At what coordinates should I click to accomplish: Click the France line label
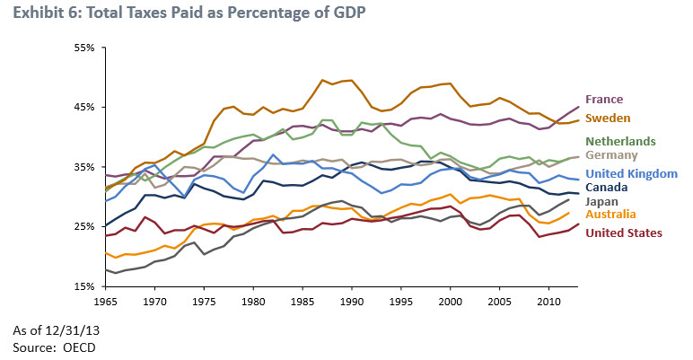pyautogui.click(x=603, y=100)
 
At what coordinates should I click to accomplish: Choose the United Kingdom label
pyautogui.click(x=629, y=173)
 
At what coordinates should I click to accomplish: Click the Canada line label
pyautogui.click(x=607, y=188)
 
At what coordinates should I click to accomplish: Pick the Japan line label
pyautogui.click(x=602, y=202)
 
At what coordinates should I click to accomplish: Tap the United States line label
pyautogui.click(x=624, y=233)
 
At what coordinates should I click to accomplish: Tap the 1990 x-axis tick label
pyautogui.click(x=351, y=302)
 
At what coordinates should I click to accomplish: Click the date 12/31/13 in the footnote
pyautogui.click(x=70, y=330)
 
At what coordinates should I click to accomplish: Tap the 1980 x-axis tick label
pyautogui.click(x=252, y=302)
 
